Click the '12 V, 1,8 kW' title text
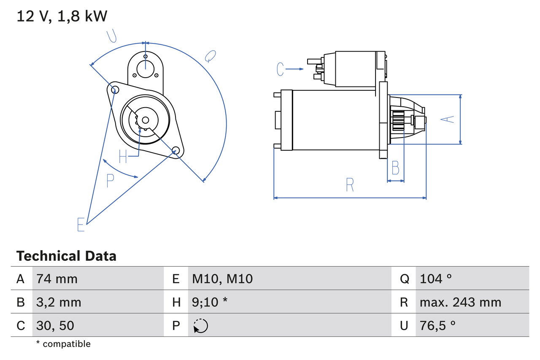tap(62, 16)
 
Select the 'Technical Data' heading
tap(66, 256)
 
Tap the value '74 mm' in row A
tap(57, 279)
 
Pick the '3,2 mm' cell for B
tap(59, 302)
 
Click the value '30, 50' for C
tap(55, 325)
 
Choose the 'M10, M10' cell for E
tap(222, 279)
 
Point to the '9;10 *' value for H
tap(210, 302)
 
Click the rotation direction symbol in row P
tap(200, 326)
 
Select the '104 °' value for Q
tap(436, 279)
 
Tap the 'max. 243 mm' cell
tap(460, 302)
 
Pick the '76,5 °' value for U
tap(438, 325)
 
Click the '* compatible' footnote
tap(63, 344)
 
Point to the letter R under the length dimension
tap(350, 185)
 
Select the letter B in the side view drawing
tap(395, 168)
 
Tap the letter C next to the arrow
tap(281, 69)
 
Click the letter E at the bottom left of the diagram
tap(81, 225)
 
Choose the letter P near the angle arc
tap(110, 181)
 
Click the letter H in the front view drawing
tap(123, 157)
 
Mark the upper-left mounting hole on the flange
tap(113, 89)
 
